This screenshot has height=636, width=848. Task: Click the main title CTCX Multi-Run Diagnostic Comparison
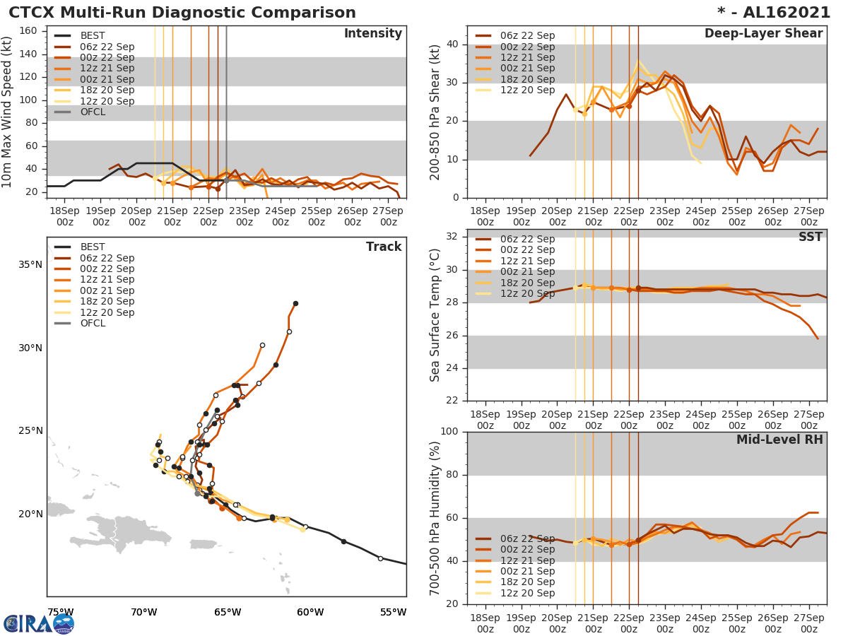[x=182, y=13]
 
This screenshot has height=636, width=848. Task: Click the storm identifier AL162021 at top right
[x=778, y=13]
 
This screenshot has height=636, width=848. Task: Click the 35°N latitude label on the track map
[x=30, y=265]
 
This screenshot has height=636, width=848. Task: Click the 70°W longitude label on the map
[x=143, y=612]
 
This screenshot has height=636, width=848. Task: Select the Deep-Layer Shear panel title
[x=763, y=34]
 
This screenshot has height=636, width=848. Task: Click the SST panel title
[x=810, y=237]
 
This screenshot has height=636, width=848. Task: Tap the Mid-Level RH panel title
[x=779, y=440]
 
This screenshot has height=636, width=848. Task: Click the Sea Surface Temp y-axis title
[x=435, y=314]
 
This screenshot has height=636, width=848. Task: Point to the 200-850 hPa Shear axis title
[x=435, y=112]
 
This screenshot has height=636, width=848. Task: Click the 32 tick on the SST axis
[x=452, y=236]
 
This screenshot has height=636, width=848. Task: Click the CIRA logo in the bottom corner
[x=39, y=623]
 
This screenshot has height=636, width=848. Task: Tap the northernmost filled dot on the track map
[x=295, y=303]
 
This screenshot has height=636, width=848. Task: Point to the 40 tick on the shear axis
[x=452, y=45]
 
